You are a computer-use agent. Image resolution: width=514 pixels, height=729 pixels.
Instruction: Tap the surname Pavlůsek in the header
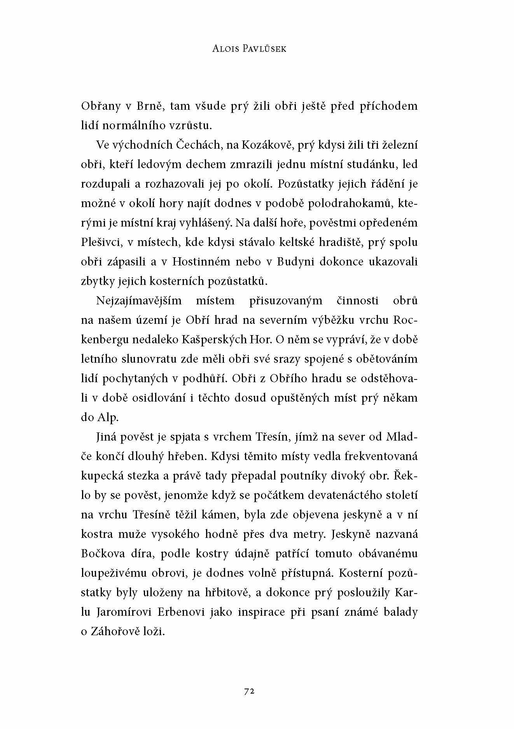tap(267, 49)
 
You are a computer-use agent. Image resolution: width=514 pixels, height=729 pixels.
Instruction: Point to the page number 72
tap(249, 690)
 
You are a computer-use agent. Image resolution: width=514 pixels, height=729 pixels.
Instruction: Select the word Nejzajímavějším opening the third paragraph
tap(141, 301)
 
